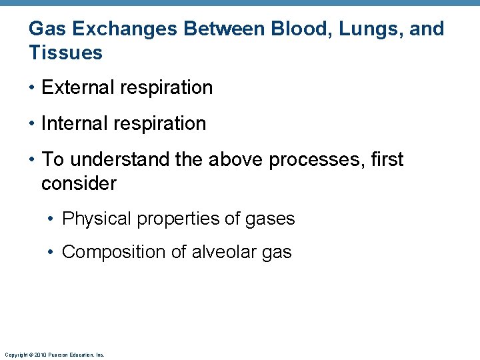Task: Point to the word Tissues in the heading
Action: [x=65, y=53]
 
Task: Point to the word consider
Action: [x=79, y=183]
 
